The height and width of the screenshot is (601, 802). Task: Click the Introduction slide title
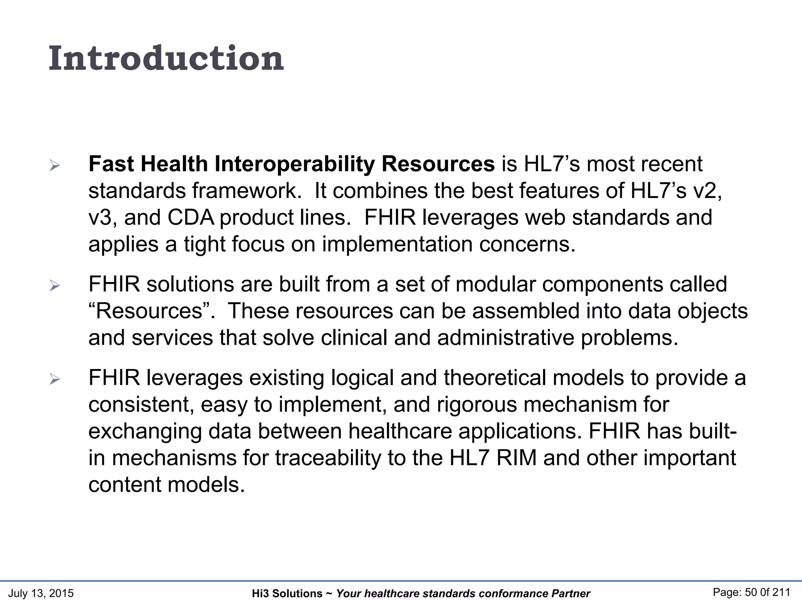pyautogui.click(x=166, y=59)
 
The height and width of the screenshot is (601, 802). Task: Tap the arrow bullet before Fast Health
pyautogui.click(x=55, y=166)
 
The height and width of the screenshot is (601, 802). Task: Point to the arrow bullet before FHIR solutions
pyautogui.click(x=55, y=286)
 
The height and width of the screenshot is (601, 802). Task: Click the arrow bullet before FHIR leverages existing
pyautogui.click(x=55, y=379)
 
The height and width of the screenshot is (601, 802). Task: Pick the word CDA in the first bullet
pyautogui.click(x=191, y=218)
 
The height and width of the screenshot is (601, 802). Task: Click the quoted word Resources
pyautogui.click(x=148, y=311)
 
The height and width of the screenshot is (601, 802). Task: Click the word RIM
pyautogui.click(x=516, y=458)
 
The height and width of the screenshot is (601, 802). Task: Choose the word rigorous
pyautogui.click(x=477, y=405)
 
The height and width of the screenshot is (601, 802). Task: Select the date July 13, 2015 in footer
pyautogui.click(x=41, y=593)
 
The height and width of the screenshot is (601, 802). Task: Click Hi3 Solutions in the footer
pyautogui.click(x=287, y=594)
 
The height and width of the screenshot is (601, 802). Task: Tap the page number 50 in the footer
pyautogui.click(x=751, y=592)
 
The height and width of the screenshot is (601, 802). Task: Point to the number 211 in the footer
pyautogui.click(x=780, y=592)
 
